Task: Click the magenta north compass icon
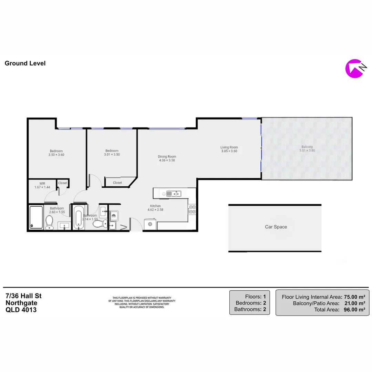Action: coord(354,69)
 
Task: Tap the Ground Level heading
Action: coord(25,63)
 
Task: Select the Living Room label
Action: coord(229,147)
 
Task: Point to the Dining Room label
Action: coord(167,156)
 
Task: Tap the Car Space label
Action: coord(276,227)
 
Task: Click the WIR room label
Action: coord(42,183)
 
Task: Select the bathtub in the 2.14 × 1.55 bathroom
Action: coord(78,217)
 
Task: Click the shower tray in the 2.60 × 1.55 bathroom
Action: coord(36,217)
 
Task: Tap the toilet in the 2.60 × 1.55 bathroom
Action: coord(49,222)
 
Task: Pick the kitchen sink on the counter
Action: coord(174,194)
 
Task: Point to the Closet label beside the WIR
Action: coord(63,183)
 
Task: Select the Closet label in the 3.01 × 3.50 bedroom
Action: coord(117,183)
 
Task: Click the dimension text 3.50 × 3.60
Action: coord(56,155)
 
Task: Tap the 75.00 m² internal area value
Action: coord(354,297)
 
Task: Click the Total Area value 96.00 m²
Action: coord(354,310)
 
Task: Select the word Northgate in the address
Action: coord(21,303)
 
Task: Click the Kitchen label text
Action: coord(155,206)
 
